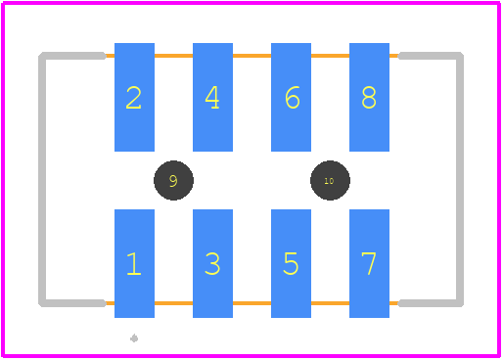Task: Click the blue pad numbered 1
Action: (134, 263)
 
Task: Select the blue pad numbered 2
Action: (134, 97)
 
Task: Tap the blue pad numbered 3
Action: (212, 263)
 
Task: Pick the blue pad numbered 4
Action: (212, 97)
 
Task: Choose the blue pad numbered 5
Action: (291, 263)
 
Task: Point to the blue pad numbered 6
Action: (291, 97)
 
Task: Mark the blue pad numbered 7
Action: (369, 263)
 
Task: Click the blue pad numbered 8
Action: (369, 97)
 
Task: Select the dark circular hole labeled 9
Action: (173, 180)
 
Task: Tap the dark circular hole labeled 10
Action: (330, 180)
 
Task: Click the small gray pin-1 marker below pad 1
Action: (134, 338)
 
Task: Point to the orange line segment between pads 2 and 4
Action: (173, 56)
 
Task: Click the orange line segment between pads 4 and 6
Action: (251, 56)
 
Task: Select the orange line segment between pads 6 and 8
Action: (330, 56)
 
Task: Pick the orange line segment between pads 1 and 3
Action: (173, 303)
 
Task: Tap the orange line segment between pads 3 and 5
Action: (251, 303)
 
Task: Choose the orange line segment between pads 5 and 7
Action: (330, 303)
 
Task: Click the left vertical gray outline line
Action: (42, 179)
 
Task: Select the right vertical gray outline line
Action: (460, 179)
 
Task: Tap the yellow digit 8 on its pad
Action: (369, 97)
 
